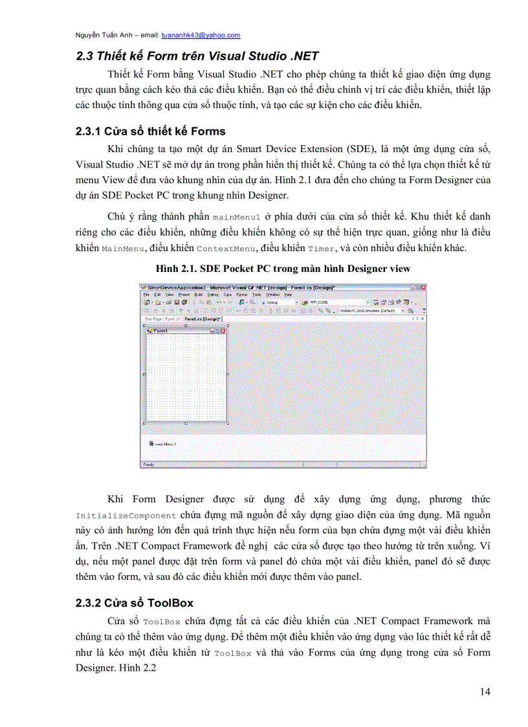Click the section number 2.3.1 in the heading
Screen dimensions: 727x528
coord(89,131)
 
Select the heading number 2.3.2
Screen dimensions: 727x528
coord(89,603)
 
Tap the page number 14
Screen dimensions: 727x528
coord(485,691)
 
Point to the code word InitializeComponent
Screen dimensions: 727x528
coord(126,516)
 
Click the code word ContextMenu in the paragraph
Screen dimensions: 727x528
coord(221,249)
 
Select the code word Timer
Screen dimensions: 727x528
coord(322,249)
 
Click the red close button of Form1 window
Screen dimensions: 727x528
coord(223,331)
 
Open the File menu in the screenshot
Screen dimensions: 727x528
coord(146,295)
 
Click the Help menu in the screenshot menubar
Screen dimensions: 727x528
coord(289,295)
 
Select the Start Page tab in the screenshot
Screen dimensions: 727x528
coord(152,319)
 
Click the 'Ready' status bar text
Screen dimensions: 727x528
coord(148,464)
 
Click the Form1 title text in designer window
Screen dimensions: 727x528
coord(160,331)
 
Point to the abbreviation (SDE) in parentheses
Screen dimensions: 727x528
coord(353,149)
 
